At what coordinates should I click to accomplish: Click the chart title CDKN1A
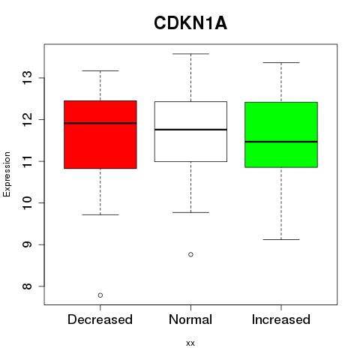click(190, 23)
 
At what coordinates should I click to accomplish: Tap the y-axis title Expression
click(7, 174)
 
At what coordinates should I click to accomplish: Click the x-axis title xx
click(190, 343)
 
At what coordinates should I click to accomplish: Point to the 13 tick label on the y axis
click(28, 78)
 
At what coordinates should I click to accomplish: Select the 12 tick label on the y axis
click(28, 119)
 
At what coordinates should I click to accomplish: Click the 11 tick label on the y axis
click(28, 161)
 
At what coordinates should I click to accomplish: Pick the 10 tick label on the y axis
click(28, 202)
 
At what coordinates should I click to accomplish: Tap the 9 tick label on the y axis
click(28, 244)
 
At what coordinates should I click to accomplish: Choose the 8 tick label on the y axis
click(28, 286)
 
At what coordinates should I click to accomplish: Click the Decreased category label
click(100, 319)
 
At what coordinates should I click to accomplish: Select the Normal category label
click(190, 319)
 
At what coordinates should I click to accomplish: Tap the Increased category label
click(281, 319)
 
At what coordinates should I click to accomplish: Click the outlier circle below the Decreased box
click(100, 295)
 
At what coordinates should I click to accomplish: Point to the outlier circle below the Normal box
click(190, 254)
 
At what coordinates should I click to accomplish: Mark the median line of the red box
click(100, 123)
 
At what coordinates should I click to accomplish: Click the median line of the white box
click(190, 130)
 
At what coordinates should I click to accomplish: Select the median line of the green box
click(281, 142)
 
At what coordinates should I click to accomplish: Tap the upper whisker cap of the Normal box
click(190, 54)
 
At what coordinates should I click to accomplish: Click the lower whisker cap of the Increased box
click(281, 239)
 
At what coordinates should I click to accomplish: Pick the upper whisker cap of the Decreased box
click(100, 70)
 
